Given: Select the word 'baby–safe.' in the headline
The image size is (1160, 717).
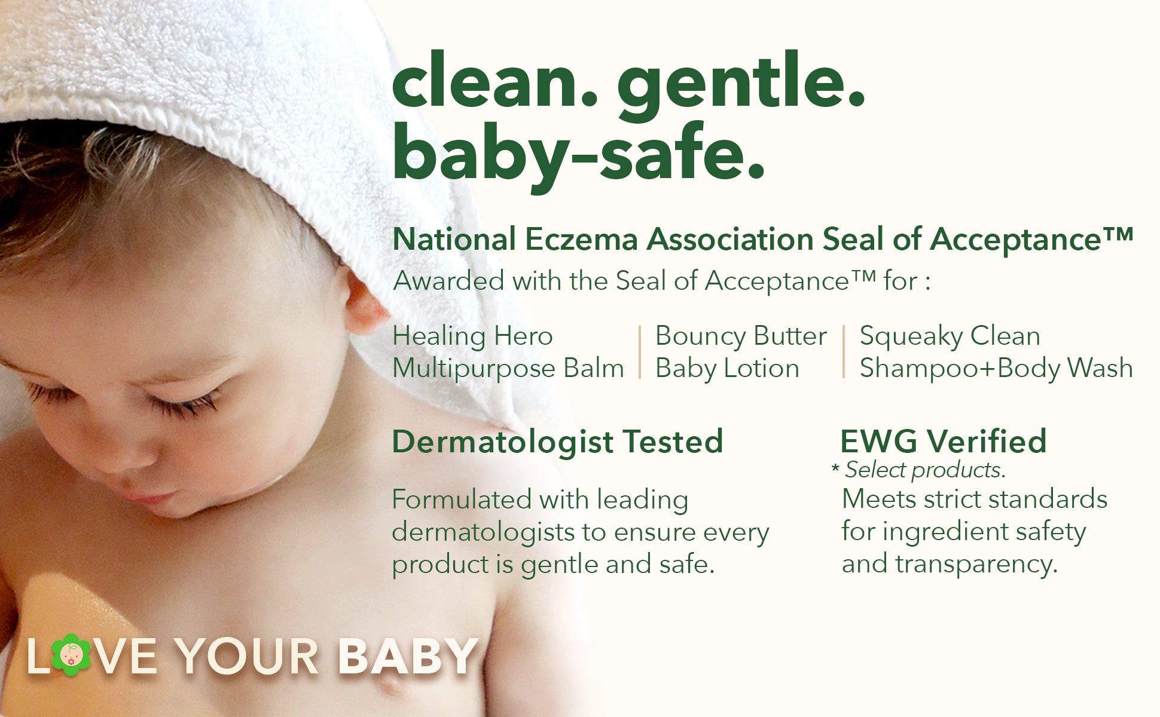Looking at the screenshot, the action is coord(579,154).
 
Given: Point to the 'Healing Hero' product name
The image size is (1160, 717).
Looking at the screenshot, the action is coord(472,336).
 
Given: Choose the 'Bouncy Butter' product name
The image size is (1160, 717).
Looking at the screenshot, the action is coord(741,337).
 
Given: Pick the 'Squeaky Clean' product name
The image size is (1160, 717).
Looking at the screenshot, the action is coord(950,337).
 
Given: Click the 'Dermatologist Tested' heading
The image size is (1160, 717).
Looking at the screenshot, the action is coord(557,443).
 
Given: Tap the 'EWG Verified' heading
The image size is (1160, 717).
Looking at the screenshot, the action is coord(943,442).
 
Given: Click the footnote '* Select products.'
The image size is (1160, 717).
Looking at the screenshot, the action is coord(918,470).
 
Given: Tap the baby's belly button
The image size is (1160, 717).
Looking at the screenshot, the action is coord(389,685).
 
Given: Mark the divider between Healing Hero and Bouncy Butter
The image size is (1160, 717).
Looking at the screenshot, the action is coord(640,353).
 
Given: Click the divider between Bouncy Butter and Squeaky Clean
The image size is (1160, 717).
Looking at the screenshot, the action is coord(844,353).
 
